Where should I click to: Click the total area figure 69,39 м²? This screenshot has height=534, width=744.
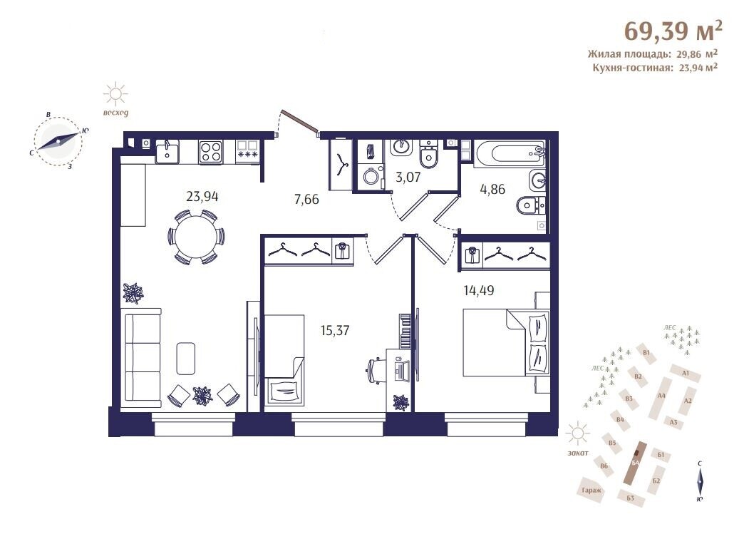(x=673, y=31)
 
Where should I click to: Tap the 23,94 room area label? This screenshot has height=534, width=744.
(x=202, y=196)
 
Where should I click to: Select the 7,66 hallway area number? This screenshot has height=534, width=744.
(x=306, y=199)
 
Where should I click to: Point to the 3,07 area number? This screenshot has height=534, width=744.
(x=408, y=177)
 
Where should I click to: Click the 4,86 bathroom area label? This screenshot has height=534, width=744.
(x=492, y=189)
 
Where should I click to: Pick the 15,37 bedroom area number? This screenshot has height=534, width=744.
(x=335, y=330)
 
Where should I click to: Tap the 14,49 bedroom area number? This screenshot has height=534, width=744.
(x=478, y=289)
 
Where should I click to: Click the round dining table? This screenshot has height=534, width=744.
(x=196, y=237)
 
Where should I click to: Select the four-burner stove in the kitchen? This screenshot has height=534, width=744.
(x=211, y=153)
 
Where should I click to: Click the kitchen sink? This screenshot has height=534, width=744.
(x=167, y=152)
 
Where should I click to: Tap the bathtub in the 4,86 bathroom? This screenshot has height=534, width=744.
(x=510, y=153)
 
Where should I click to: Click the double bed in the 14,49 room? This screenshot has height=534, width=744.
(x=506, y=343)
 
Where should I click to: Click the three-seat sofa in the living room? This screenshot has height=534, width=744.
(x=142, y=358)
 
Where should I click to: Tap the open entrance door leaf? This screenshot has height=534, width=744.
(x=299, y=120)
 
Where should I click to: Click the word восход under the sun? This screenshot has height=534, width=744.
(x=115, y=113)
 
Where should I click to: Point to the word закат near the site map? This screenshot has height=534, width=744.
(x=577, y=453)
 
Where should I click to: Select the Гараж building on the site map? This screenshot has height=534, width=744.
(x=591, y=491)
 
